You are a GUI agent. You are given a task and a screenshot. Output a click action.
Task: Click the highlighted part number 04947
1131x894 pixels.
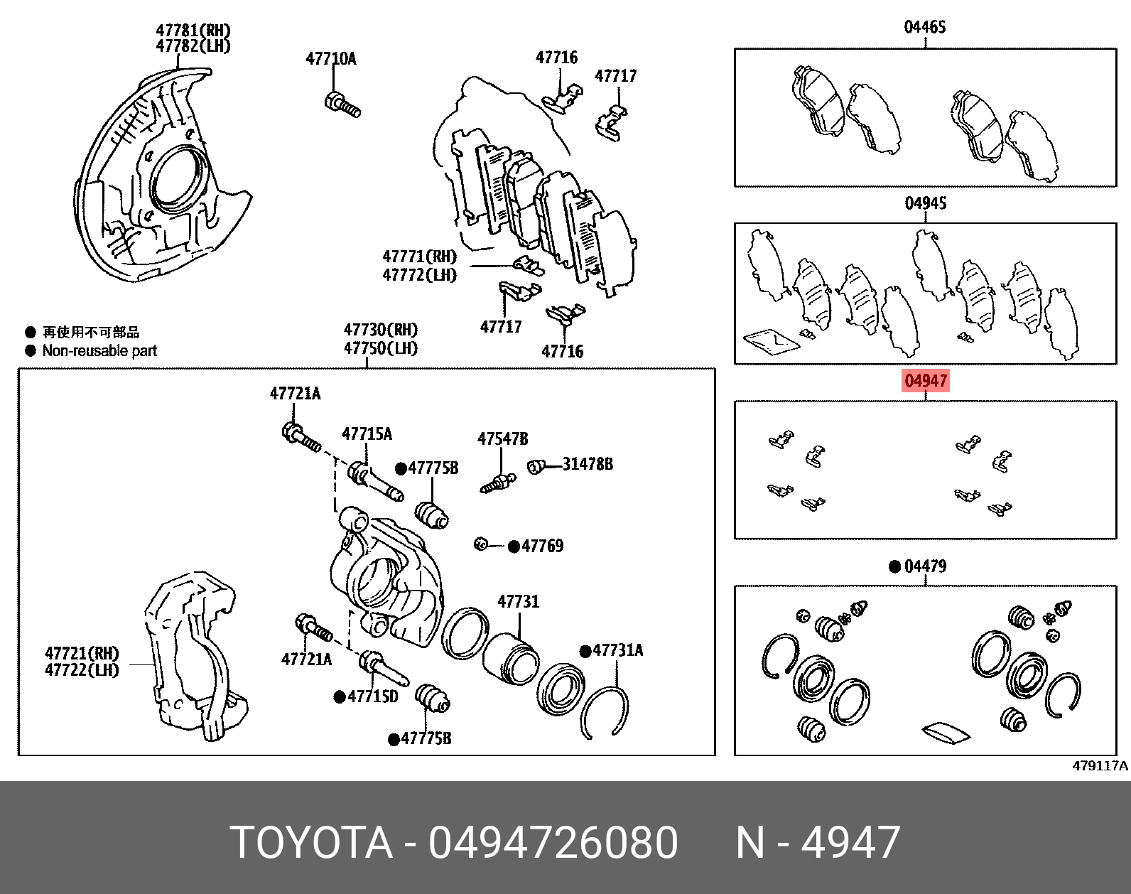[x=925, y=381]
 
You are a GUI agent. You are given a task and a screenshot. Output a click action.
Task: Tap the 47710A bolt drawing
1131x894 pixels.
[x=342, y=105]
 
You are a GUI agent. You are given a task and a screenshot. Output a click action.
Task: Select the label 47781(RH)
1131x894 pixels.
[x=193, y=31]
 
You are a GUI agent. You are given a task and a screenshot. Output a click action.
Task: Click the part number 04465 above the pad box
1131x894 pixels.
[x=924, y=27]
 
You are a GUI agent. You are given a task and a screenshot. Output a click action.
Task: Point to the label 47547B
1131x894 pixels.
[x=502, y=439]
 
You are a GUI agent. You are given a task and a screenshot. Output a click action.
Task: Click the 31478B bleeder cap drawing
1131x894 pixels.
[x=536, y=466]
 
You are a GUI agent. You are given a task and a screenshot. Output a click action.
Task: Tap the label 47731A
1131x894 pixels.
[x=617, y=650]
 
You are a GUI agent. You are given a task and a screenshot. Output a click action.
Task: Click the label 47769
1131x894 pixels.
[x=542, y=546]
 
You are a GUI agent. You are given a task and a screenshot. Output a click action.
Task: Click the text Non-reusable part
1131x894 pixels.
[x=99, y=350]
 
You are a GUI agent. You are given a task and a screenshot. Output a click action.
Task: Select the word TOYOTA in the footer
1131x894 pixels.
[x=311, y=843]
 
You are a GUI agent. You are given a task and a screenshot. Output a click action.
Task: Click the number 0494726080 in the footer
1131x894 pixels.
[x=553, y=843]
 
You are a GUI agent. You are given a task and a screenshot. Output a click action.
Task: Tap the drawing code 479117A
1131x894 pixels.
[x=1099, y=765]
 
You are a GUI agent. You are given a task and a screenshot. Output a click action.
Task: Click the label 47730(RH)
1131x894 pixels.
[x=381, y=330]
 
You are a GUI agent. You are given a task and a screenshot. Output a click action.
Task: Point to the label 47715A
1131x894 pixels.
[x=367, y=433]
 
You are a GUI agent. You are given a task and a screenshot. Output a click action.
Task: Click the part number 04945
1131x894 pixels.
[x=925, y=203]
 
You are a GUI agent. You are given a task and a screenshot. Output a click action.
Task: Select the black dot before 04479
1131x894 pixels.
[x=894, y=566]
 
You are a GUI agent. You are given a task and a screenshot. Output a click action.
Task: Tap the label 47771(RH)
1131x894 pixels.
[x=419, y=257]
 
